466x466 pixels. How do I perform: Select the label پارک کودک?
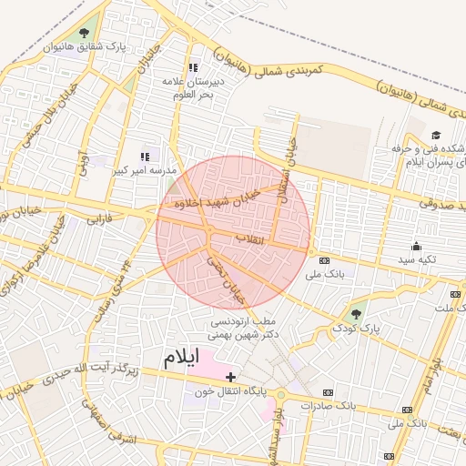click(x=355, y=327)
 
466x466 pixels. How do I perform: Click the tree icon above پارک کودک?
click(x=355, y=314)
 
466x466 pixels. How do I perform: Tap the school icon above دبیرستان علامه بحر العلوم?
click(x=193, y=67)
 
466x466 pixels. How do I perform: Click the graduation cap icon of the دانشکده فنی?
click(x=436, y=136)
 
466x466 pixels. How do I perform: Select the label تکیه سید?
click(x=417, y=259)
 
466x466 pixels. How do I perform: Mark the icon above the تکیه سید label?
click(x=417, y=245)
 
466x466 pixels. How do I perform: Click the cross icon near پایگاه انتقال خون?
click(x=230, y=377)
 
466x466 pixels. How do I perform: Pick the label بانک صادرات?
click(x=325, y=405)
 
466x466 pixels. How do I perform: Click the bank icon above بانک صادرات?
click(x=328, y=392)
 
